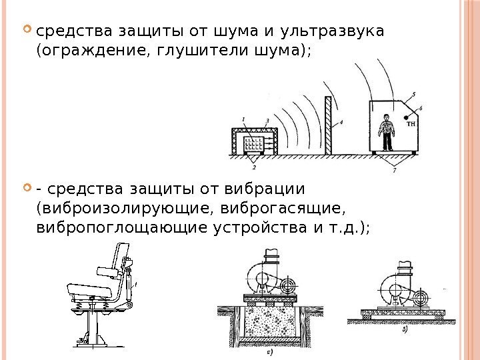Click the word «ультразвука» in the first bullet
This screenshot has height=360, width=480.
[x=333, y=32]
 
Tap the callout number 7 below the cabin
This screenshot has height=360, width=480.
[x=394, y=172]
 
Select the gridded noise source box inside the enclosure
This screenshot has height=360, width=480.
[x=254, y=143]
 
